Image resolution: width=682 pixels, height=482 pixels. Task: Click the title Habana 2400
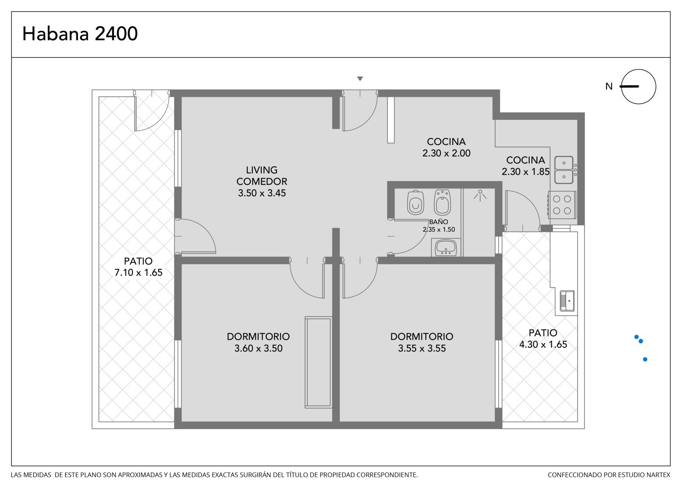pos(80,34)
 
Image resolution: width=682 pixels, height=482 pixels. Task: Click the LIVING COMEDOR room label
pos(262,176)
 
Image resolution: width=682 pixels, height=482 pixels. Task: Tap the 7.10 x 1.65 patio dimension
pos(139,272)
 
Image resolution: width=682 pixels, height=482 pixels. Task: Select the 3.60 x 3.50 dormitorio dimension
pos(258,348)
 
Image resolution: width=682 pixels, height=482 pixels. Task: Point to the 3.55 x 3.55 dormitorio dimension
pos(422,348)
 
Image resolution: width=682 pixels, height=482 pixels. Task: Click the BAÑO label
pos(439,222)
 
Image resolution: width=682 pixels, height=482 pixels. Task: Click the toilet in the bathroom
pos(416,202)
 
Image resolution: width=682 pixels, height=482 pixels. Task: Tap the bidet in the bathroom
pos(442,202)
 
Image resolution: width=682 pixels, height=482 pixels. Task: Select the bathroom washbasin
pos(446,248)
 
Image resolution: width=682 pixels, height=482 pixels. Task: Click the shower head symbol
pos(480,196)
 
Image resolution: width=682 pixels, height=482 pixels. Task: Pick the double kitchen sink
pos(564,170)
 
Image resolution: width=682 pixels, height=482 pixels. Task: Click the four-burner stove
pos(562,205)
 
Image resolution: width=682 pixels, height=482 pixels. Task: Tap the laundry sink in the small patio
pos(567,301)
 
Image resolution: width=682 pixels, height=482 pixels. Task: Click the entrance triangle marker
pos(360,78)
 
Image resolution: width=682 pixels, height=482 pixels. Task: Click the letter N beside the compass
pos(609,87)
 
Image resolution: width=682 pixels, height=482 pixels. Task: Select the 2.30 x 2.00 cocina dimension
pos(446,153)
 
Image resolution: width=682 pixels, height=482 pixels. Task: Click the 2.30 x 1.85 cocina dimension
pos(526,172)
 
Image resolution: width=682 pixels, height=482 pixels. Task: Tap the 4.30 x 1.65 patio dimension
pos(543,344)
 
